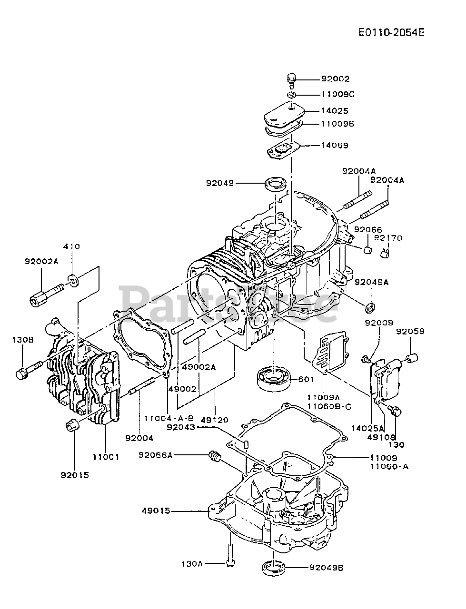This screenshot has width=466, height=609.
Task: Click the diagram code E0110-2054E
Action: point(391,33)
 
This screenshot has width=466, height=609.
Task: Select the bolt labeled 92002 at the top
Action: point(291,81)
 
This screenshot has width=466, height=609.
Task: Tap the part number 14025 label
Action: point(335,111)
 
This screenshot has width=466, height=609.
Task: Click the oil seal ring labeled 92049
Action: point(275,184)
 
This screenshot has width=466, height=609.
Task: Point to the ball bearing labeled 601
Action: point(273,379)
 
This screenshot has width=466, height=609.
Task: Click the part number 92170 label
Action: point(388,238)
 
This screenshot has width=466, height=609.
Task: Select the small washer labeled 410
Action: point(73,280)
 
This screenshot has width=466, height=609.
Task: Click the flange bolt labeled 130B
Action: point(29,370)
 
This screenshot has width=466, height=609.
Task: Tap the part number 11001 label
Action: point(106,456)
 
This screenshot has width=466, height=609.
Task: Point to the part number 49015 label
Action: point(156,510)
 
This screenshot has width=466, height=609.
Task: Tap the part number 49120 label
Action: point(215,420)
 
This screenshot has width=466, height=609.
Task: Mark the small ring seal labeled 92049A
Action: point(370,307)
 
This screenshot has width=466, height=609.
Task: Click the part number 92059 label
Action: point(410,331)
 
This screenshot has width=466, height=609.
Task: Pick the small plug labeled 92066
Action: point(367,249)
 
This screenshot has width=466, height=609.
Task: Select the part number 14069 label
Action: point(335,146)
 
